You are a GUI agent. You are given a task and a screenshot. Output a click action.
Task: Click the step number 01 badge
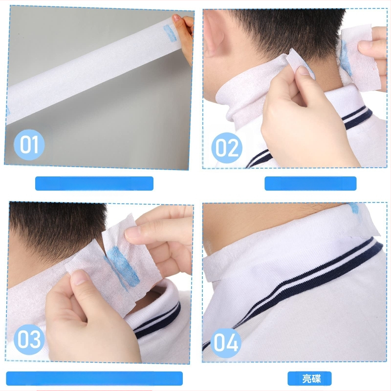tap(29, 145)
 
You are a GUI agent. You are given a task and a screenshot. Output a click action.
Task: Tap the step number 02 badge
tap(227, 148)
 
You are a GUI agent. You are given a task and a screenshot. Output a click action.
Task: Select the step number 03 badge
tap(29, 339)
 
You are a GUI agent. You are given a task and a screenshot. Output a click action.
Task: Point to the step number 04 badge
tap(226, 343)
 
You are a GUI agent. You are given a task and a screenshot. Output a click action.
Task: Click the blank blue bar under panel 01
tap(94, 184)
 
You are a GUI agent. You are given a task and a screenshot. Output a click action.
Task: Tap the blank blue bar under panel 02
tap(310, 184)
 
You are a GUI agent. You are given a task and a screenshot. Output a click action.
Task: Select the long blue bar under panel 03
tap(94, 378)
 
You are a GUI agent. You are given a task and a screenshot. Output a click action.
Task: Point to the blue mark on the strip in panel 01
tap(170, 33)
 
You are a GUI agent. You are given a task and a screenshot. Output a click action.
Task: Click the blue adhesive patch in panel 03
tap(122, 267)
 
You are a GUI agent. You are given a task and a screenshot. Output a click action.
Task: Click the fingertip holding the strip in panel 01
tap(176, 19)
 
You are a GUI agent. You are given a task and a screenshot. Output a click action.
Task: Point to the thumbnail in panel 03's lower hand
tap(80, 277)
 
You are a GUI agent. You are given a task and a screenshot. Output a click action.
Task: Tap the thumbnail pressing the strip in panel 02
tap(304, 71)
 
